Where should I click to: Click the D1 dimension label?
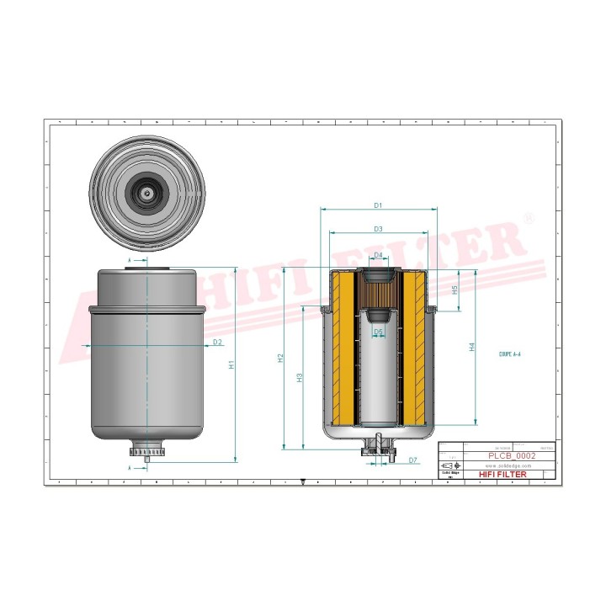pos(378,205)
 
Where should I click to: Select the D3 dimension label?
pos(378,229)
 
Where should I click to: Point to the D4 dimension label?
pos(378,255)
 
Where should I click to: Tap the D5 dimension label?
pos(378,332)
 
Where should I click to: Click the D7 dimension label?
pos(412,460)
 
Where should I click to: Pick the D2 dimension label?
pos(217,342)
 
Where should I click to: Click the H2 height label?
pos(279,358)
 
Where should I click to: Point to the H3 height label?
pos(300,379)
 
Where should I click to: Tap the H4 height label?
pos(472,346)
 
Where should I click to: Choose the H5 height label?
pos(454,290)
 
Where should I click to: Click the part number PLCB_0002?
pos(512,455)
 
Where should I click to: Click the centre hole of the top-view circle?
pos(148,193)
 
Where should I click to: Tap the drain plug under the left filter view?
pos(148,454)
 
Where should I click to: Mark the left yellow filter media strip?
pos(342,347)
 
